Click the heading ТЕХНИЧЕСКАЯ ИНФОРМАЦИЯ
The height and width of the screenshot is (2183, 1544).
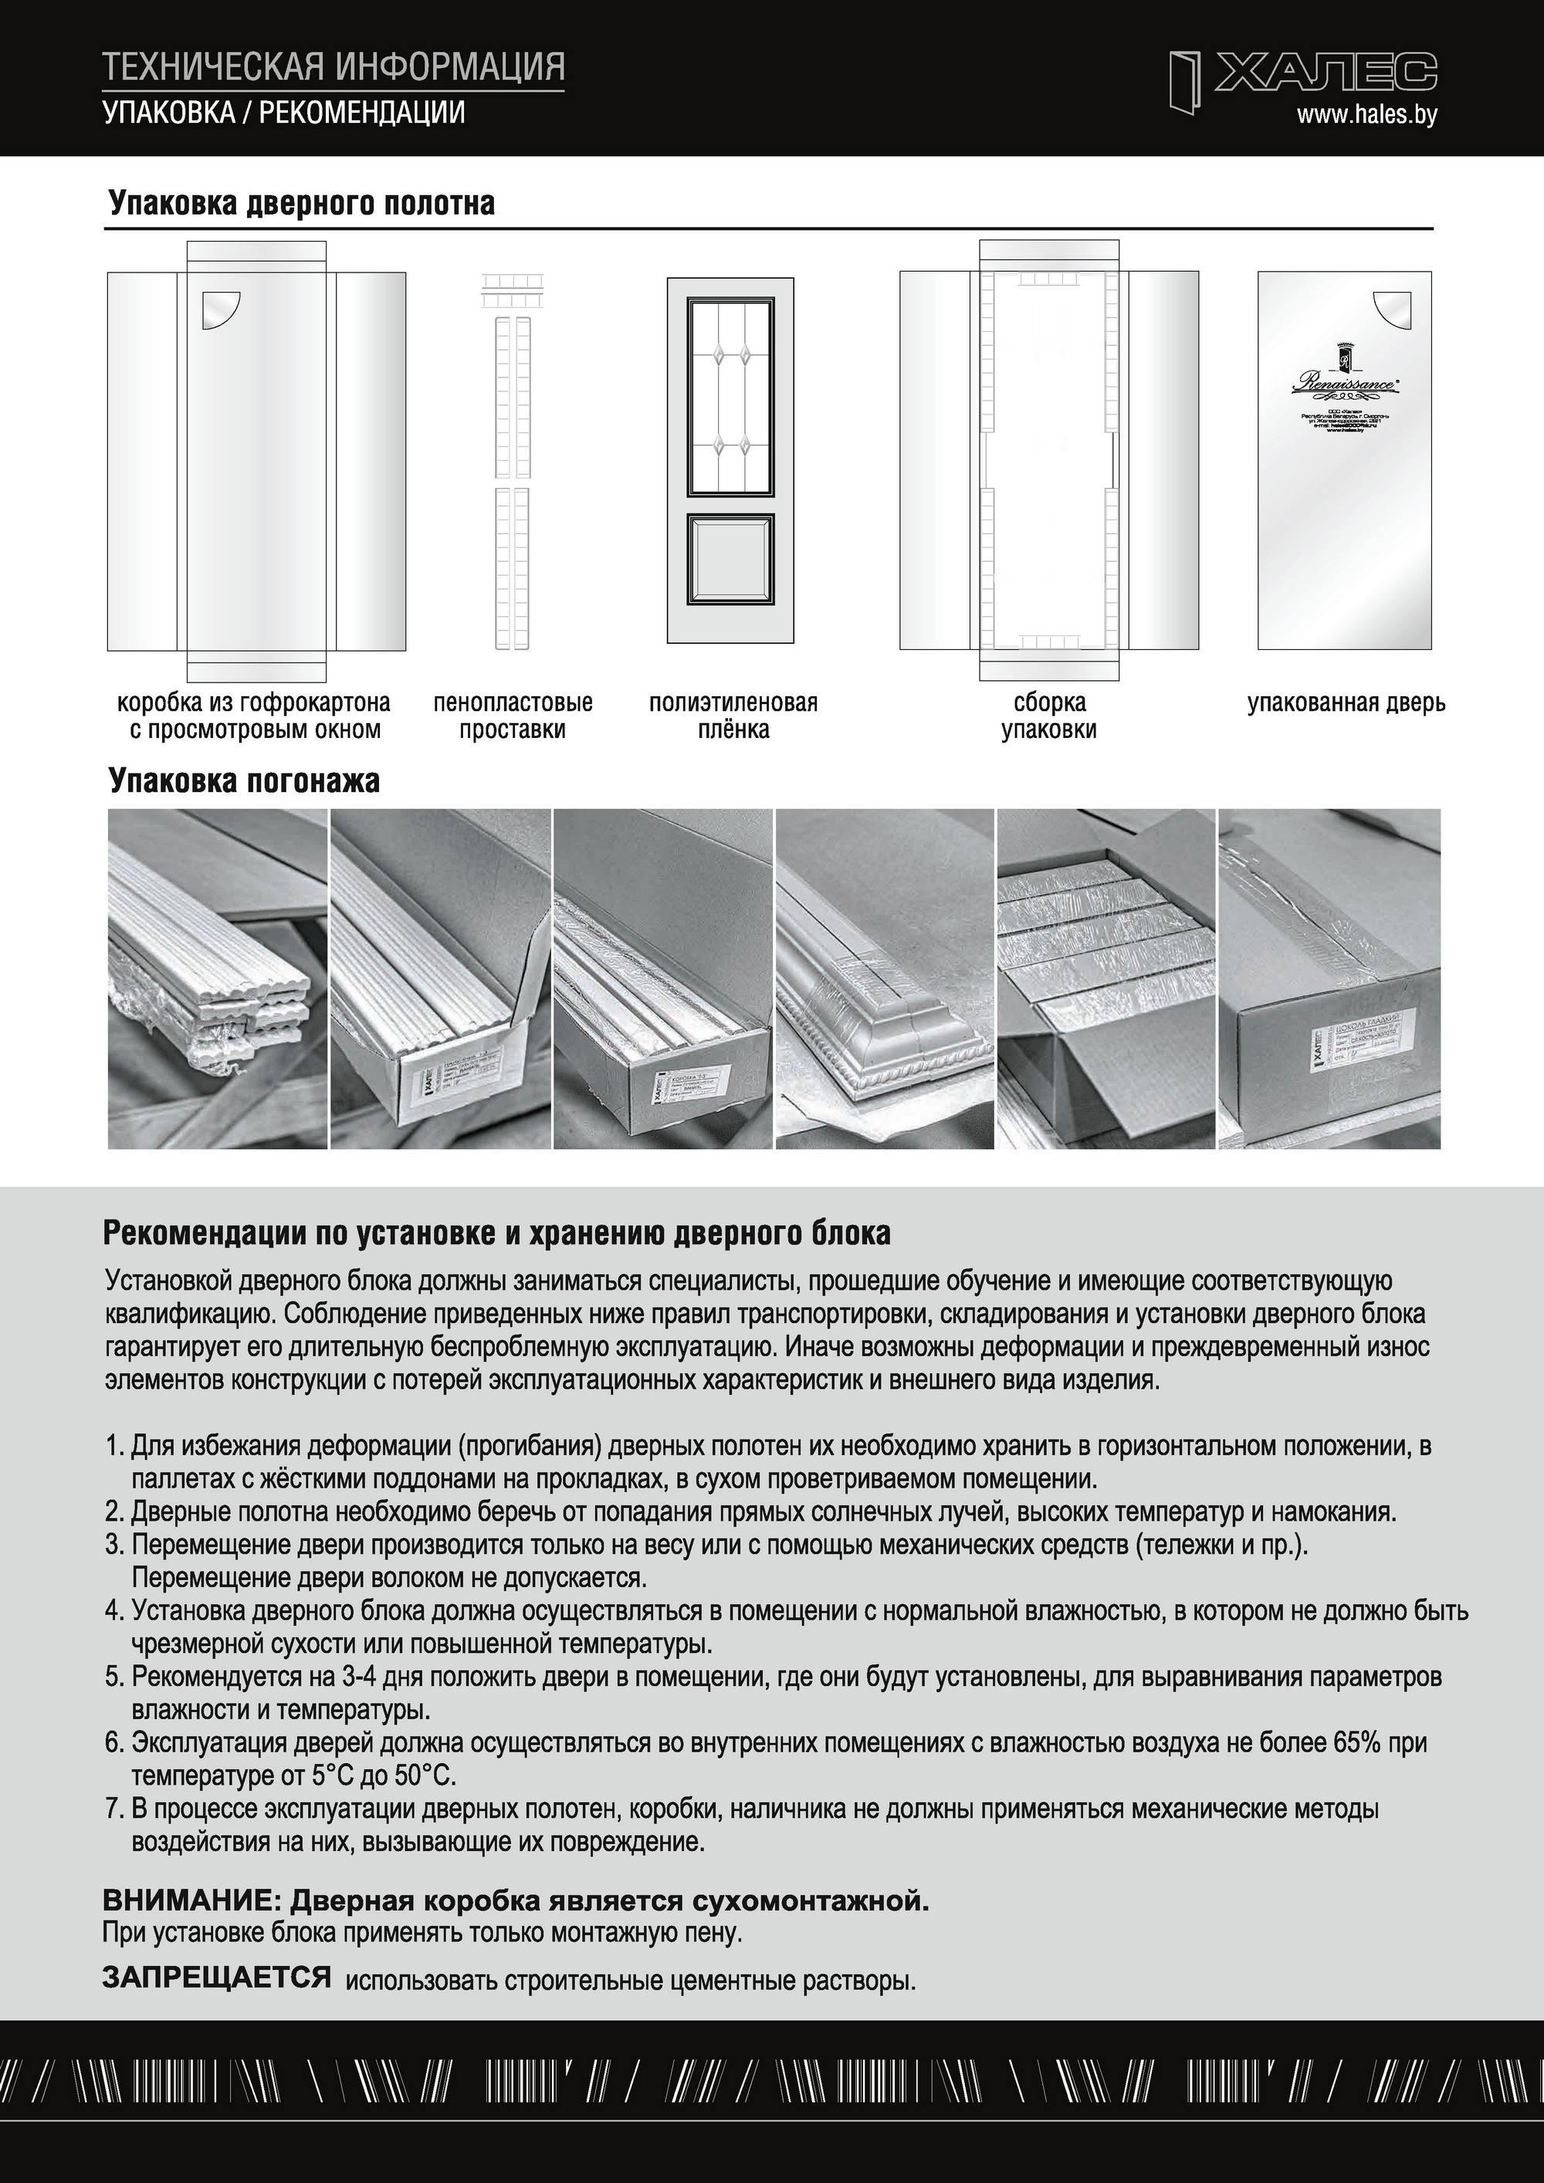click(334, 67)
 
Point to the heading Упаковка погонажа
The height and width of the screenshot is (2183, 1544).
click(245, 780)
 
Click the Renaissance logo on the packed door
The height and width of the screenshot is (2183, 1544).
click(1344, 381)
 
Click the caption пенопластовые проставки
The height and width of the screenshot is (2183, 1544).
click(513, 717)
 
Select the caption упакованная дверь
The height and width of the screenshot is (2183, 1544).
click(1346, 703)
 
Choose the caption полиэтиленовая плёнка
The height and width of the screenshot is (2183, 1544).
click(733, 717)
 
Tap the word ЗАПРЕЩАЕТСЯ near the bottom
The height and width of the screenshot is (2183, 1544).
click(217, 1977)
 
